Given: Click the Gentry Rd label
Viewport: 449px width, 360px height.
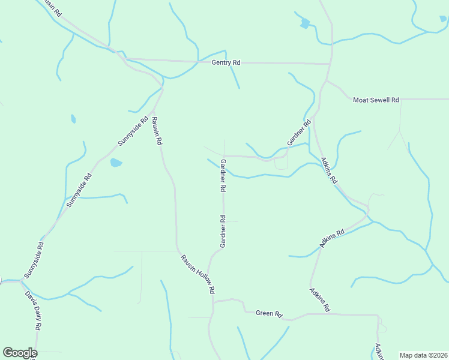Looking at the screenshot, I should tap(226, 62).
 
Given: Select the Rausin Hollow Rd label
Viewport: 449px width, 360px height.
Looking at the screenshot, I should tap(198, 274).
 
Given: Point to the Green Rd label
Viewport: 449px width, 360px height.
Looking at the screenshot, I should tap(269, 313).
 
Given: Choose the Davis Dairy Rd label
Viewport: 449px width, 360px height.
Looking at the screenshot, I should tap(34, 311).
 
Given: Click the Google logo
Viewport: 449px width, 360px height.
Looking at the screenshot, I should tap(20, 353).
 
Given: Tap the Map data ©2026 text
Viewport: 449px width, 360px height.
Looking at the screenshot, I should tap(423, 355).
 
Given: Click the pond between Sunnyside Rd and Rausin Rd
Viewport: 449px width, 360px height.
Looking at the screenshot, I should tap(116, 162).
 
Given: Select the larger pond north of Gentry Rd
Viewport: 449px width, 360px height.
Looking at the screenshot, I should tap(305, 23).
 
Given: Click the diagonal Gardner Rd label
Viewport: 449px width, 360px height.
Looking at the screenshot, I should tap(299, 133).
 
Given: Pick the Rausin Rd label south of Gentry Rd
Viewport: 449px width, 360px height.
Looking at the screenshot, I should tap(157, 131).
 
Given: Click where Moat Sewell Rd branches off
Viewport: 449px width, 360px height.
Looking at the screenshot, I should tap(327, 80).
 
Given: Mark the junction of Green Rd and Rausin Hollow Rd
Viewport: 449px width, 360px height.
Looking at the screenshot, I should tap(212, 302).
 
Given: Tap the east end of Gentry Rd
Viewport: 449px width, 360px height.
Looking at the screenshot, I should tap(330, 64).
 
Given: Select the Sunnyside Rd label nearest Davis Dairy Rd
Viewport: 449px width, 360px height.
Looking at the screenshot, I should tap(34, 260).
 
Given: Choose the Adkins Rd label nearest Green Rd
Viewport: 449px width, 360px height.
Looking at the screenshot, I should tap(320, 300).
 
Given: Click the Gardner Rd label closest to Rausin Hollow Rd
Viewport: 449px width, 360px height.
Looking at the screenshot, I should tap(223, 232).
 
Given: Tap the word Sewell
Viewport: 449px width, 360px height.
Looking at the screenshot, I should tap(380, 100).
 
